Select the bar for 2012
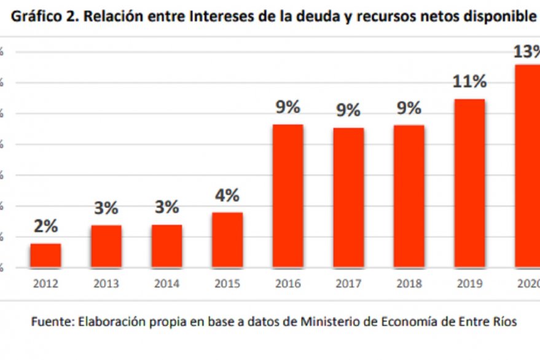point(46,256)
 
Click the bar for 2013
point(106,246)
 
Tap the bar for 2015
point(227,240)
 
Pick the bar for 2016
point(288,196)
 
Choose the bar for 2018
point(409,196)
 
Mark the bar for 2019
point(470,183)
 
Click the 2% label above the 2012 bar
point(46,226)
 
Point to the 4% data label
point(227,195)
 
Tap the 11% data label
point(470,82)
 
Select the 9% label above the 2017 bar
point(348,111)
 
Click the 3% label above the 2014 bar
point(167,208)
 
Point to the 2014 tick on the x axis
point(167,284)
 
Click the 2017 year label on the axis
point(348,284)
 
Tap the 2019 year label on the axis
point(470,284)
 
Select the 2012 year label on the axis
point(46,284)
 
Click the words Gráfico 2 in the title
point(42,17)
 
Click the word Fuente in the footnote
point(50,322)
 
